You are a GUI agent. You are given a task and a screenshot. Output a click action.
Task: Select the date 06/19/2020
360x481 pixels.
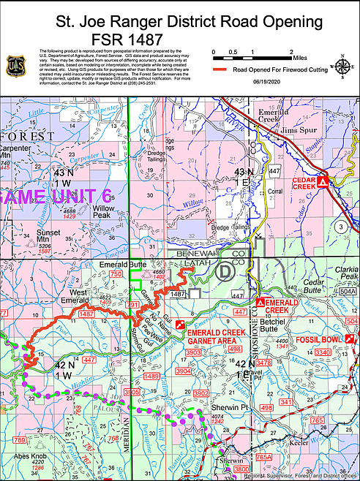click(x=266, y=80)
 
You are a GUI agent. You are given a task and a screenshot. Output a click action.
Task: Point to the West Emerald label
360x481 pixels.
click(x=74, y=296)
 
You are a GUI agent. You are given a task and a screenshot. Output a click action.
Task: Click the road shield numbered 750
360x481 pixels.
click(x=115, y=274)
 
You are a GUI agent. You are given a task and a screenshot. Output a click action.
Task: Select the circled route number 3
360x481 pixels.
click(x=341, y=227)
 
